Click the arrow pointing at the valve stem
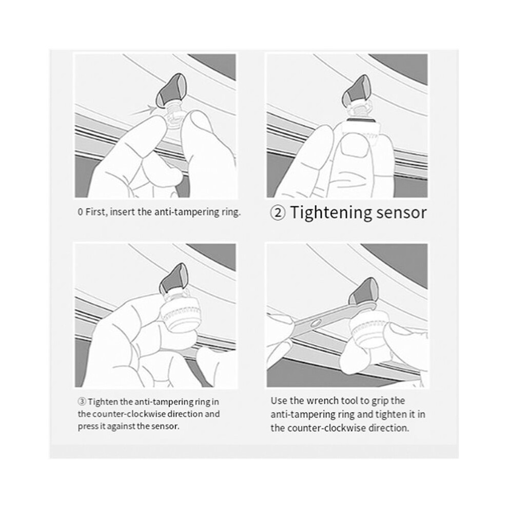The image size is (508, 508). click(142, 110)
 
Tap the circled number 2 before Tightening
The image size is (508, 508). click(278, 213)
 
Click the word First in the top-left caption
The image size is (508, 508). click(95, 212)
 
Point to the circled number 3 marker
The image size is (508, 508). click(82, 402)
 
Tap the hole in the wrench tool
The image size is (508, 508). click(315, 323)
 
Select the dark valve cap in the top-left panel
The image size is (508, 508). click(170, 90)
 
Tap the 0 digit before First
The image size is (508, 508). click(81, 212)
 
